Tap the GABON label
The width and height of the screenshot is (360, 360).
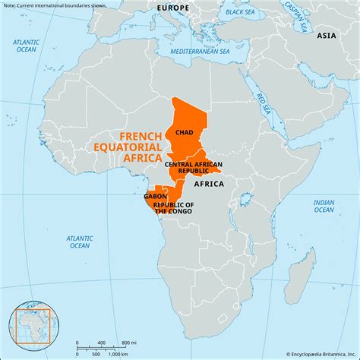coord(155,196)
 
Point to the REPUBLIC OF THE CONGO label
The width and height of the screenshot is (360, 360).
coord(173,208)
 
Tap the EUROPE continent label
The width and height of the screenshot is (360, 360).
coord(173,7)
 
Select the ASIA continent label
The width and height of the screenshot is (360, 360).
coord(327,36)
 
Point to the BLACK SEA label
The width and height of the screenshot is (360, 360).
coord(240,12)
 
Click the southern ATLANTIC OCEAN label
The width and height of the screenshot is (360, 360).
coord(79,242)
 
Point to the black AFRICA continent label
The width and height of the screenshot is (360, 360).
coord(208,184)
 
